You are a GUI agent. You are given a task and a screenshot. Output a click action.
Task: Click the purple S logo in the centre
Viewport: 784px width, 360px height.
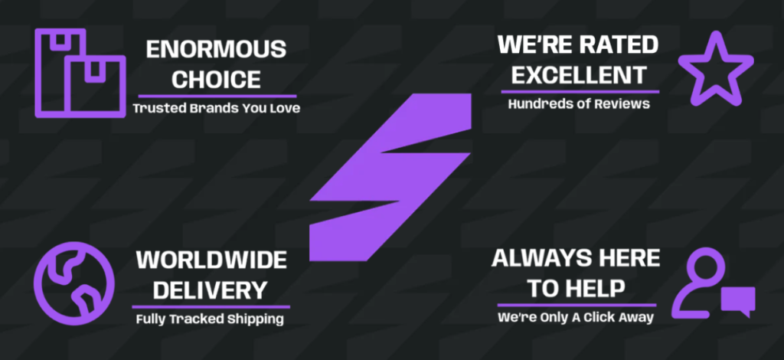click(x=390, y=177)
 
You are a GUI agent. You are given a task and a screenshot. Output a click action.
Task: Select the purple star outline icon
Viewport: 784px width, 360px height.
click(x=716, y=68)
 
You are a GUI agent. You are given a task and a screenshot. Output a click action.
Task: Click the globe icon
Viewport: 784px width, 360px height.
click(x=74, y=283)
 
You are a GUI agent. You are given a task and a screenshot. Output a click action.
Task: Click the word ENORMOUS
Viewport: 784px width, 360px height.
click(x=216, y=50)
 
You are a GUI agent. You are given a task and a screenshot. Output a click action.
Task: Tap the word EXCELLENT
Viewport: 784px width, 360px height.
click(x=580, y=75)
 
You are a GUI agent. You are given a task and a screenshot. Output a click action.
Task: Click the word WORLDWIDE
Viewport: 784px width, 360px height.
click(x=211, y=260)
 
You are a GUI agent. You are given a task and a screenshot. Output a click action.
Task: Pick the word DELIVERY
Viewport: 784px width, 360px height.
click(x=210, y=290)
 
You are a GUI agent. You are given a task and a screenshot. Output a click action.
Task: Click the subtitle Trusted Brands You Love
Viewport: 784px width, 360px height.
click(x=217, y=108)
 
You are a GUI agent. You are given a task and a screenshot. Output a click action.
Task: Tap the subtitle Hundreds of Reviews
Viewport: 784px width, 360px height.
click(x=579, y=103)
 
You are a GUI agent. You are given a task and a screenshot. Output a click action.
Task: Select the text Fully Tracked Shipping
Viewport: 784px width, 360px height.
click(x=210, y=319)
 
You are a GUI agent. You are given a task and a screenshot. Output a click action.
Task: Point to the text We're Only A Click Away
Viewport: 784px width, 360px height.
click(x=576, y=317)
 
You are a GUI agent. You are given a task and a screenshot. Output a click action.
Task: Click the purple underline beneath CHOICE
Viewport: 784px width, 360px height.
click(x=217, y=96)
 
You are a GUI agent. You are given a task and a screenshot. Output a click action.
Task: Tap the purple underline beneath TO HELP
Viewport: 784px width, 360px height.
click(x=577, y=305)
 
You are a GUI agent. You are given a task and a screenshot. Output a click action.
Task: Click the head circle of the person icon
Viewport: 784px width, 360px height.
click(x=705, y=266)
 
